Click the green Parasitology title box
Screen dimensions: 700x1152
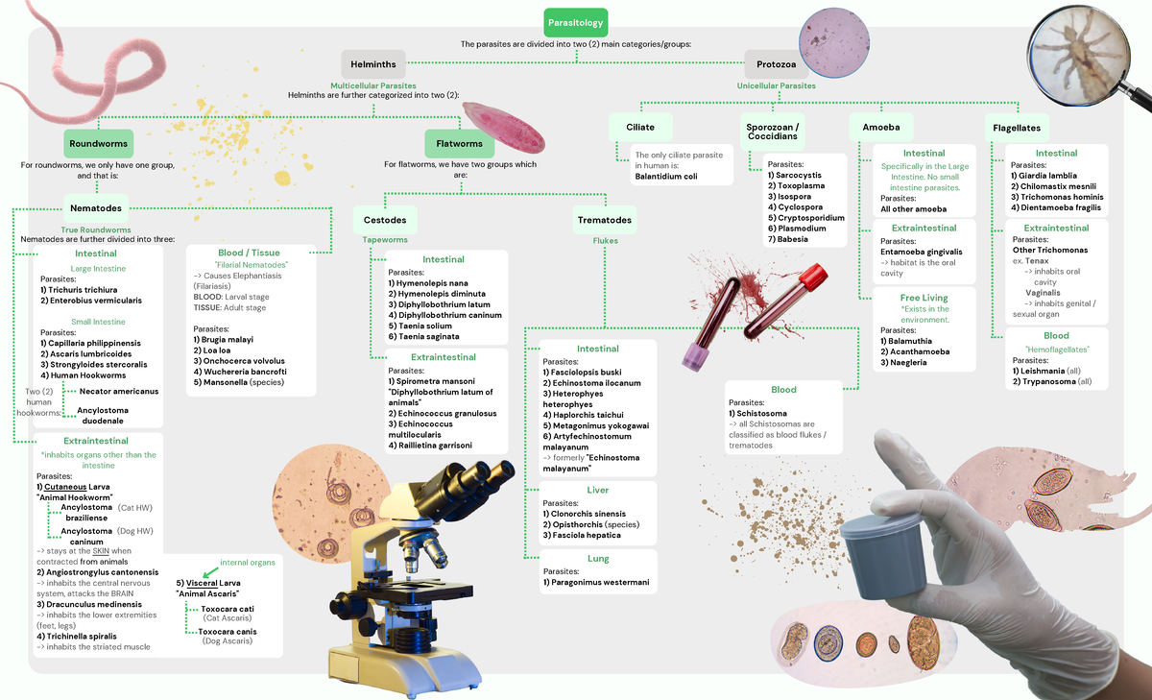coord(574,21)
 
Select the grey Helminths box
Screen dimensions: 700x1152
coord(373,64)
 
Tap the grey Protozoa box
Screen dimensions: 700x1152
coord(776,64)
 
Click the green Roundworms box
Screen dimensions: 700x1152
coord(98,144)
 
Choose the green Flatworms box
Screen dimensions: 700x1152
coord(459,144)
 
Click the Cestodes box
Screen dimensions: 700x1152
coord(385,220)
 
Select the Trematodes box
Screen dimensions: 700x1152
coord(604,220)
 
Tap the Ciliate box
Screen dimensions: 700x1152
coord(640,127)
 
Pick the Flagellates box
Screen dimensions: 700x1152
coord(1017,127)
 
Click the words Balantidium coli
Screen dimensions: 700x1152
coord(666,176)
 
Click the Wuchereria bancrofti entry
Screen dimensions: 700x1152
coord(245,371)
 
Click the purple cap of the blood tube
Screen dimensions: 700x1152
coord(693,358)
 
